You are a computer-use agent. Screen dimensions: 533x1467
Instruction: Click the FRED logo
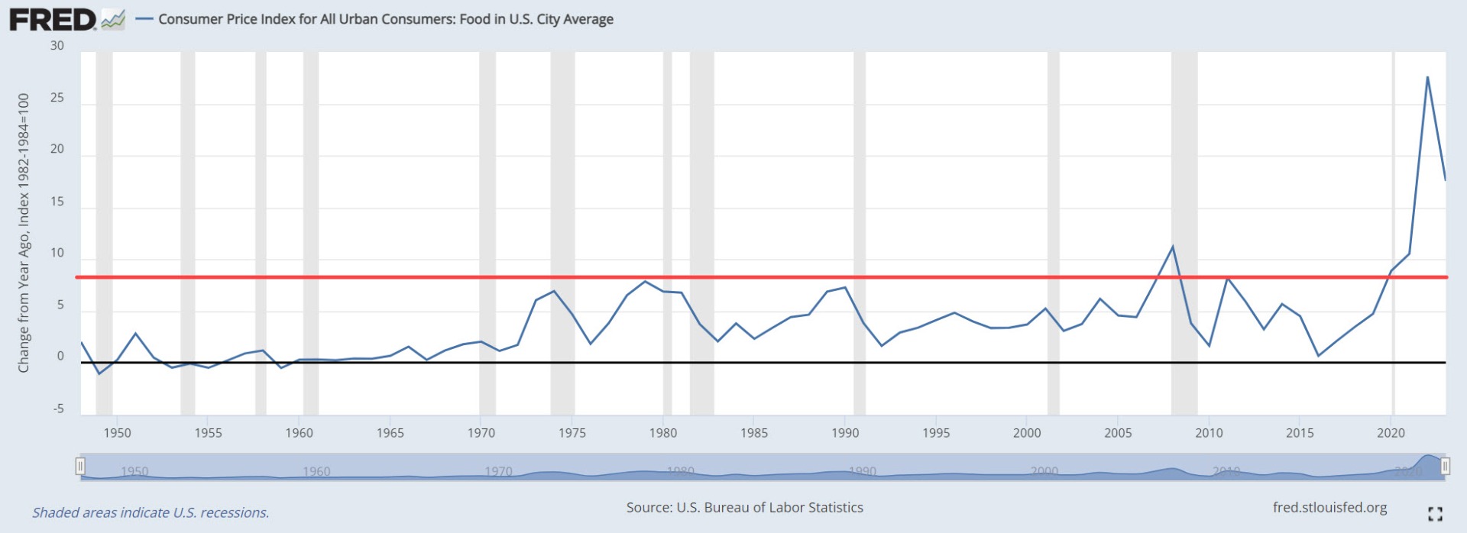(x=52, y=20)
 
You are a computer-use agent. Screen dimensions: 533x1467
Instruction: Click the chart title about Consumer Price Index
(x=385, y=19)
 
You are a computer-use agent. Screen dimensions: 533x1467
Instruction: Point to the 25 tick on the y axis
(x=57, y=98)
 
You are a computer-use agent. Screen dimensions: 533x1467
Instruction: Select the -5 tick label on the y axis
(x=59, y=409)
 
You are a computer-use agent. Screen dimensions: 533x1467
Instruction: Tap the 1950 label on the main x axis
(x=117, y=433)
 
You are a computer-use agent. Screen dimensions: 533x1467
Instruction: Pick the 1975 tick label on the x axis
(x=572, y=433)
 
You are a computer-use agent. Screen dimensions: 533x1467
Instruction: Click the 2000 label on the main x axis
(x=1027, y=433)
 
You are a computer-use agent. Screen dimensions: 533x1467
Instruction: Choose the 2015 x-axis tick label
(x=1300, y=433)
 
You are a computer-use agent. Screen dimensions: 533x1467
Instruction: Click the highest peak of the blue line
(x=1427, y=77)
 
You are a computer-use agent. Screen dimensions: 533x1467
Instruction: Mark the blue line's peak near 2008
(x=1173, y=247)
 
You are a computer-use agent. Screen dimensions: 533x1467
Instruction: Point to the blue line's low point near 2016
(x=1318, y=356)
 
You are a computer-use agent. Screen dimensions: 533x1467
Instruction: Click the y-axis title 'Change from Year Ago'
(x=24, y=233)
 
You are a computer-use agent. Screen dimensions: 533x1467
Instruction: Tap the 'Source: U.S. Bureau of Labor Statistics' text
(x=744, y=508)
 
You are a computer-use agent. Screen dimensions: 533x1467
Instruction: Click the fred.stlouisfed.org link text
(x=1329, y=508)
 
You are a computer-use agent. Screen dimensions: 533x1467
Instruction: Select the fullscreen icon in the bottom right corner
(x=1435, y=514)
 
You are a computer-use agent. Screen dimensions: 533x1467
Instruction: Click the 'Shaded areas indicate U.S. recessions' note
(x=151, y=512)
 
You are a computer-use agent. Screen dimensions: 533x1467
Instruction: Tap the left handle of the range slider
(x=80, y=467)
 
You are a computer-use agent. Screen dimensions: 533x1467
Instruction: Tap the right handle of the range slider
(x=1445, y=467)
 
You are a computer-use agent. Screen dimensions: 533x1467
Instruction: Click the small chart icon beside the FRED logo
(x=113, y=20)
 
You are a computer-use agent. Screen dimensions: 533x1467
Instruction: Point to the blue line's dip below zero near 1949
(x=99, y=373)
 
